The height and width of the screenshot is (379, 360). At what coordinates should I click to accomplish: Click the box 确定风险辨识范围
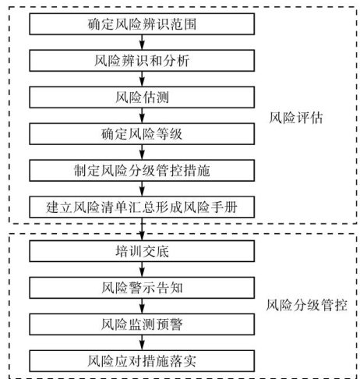pos(142,24)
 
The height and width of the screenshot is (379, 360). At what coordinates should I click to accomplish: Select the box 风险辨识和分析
pos(142,61)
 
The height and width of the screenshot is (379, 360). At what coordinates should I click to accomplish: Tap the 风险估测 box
pos(142,97)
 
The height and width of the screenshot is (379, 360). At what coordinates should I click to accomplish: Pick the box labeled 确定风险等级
pos(142,134)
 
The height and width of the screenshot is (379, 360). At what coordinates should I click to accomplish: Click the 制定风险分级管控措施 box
pos(142,171)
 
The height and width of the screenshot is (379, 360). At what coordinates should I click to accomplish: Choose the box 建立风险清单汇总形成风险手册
pos(142,207)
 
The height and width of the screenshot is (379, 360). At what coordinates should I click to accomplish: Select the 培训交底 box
pos(142,251)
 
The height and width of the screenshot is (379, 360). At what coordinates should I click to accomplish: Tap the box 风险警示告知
pos(142,288)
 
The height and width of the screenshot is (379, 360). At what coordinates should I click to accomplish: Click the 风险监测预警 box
pos(142,324)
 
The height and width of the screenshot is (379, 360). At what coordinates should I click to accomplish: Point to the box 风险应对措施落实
pos(142,361)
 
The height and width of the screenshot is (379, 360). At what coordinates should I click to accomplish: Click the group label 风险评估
pos(296,118)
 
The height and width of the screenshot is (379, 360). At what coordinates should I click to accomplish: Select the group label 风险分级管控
pos(307,305)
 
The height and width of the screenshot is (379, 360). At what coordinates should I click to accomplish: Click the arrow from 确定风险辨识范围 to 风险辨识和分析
pos(142,42)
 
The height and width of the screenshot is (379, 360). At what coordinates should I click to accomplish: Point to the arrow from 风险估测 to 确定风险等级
pos(142,115)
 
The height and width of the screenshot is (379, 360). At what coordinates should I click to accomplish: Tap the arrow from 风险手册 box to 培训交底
pos(142,229)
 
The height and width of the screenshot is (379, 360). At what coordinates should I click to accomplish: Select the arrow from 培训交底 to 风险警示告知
pos(142,269)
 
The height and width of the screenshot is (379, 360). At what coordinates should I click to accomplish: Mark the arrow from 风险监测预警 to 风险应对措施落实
pos(142,342)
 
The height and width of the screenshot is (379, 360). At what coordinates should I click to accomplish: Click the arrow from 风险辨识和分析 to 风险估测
pos(142,79)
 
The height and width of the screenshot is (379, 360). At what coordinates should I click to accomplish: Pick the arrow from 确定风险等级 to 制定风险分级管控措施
pos(142,152)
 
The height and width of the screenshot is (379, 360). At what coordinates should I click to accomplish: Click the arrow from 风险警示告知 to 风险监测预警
pos(142,306)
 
